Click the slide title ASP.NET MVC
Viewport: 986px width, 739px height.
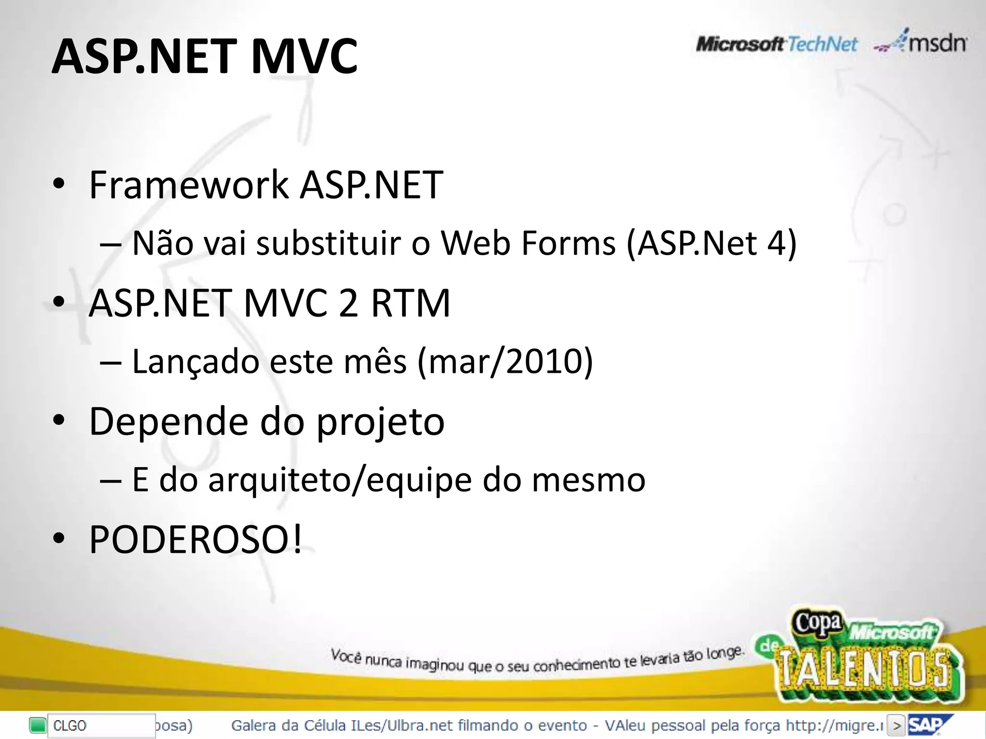tap(204, 57)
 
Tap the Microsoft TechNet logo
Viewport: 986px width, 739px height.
tap(776, 44)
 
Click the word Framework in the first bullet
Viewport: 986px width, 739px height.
tap(189, 185)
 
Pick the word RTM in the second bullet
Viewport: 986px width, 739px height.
tap(410, 303)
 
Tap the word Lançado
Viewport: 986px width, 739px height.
tap(195, 361)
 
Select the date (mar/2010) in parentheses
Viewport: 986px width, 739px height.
tap(505, 361)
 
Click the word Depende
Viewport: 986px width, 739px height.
tap(169, 421)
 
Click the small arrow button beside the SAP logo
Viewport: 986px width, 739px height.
tap(895, 726)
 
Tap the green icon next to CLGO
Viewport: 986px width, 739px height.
tap(37, 725)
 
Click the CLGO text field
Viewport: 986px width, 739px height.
tap(99, 726)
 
